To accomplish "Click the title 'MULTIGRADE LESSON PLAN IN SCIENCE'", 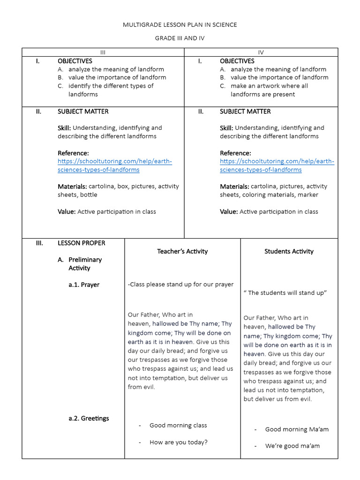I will point(180,24).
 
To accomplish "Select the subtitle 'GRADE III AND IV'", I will point(180,38).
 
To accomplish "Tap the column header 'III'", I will point(103,52).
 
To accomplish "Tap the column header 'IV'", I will point(261,52).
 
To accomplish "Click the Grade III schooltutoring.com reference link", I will point(114,165).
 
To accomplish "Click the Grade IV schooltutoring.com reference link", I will point(277,165).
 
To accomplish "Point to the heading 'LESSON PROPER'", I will point(81,243).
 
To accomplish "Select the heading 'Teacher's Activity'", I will point(182,251).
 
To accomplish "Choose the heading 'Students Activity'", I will point(289,251).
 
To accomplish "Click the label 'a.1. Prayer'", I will point(84,285).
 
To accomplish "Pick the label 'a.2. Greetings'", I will point(89,418).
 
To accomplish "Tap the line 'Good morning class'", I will point(178,425).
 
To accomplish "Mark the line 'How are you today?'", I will point(178,442).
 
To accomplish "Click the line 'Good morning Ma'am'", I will point(297,429).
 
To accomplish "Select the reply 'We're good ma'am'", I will point(292,446).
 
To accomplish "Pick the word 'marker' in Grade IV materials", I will point(307,195).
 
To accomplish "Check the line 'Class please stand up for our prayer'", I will point(180,284).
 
